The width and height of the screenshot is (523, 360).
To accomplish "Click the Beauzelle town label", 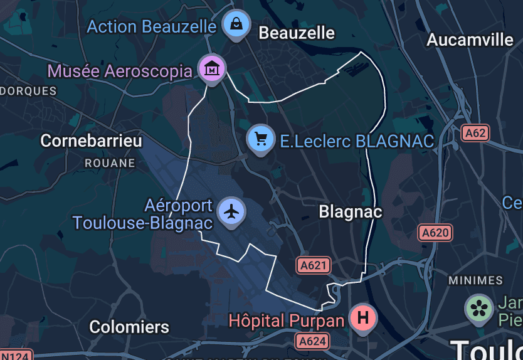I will (297, 33).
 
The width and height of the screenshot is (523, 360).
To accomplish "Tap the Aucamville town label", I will (470, 40).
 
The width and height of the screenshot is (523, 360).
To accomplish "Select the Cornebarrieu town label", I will (91, 140).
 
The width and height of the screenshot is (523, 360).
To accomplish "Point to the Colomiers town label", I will (129, 327).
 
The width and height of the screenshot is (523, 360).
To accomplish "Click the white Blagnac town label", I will (350, 212).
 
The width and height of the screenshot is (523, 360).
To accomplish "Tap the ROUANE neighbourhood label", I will (110, 163).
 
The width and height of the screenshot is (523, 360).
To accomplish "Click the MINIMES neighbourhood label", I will (476, 280).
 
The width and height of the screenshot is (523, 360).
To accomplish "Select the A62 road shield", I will (475, 133).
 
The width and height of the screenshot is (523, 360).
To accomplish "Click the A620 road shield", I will (435, 233).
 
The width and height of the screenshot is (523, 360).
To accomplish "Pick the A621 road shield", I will (313, 265).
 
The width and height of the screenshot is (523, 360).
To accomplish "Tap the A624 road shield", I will (312, 341).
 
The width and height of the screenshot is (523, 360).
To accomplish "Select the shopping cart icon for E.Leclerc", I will (261, 138).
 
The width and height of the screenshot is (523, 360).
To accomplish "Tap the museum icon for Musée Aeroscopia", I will (212, 67).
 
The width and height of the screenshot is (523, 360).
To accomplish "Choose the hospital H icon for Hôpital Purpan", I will (362, 317).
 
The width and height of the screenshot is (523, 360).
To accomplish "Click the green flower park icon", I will (479, 308).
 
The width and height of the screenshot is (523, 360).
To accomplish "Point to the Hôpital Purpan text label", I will (286, 321).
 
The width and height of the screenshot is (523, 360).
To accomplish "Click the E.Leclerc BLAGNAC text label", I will (357, 141).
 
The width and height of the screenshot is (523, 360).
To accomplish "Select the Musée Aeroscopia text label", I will (120, 71).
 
